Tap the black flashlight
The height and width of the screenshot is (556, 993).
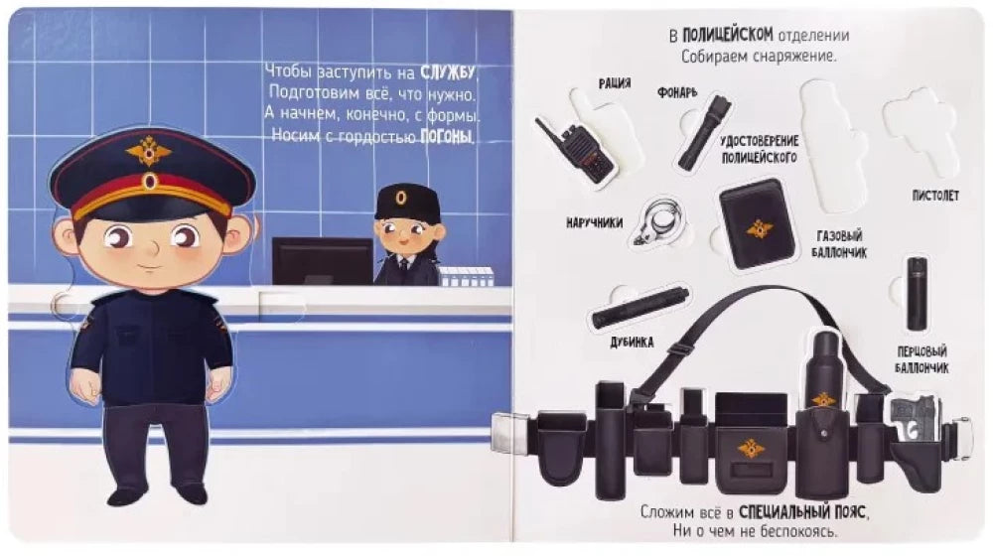[703, 132]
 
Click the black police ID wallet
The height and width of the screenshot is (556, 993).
[758, 223]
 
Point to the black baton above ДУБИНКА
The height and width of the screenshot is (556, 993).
[639, 307]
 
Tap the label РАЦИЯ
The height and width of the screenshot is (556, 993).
[615, 83]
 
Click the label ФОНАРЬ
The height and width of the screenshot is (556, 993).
[676, 93]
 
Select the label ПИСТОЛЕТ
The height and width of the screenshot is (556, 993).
[935, 196]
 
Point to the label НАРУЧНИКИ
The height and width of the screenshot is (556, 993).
[594, 223]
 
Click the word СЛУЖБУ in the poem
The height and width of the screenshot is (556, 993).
[448, 72]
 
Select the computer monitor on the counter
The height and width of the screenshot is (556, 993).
[323, 261]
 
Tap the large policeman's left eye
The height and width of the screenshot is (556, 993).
[185, 237]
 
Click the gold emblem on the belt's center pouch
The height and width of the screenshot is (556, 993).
[751, 449]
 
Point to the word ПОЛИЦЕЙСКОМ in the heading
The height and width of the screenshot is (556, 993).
[727, 35]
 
